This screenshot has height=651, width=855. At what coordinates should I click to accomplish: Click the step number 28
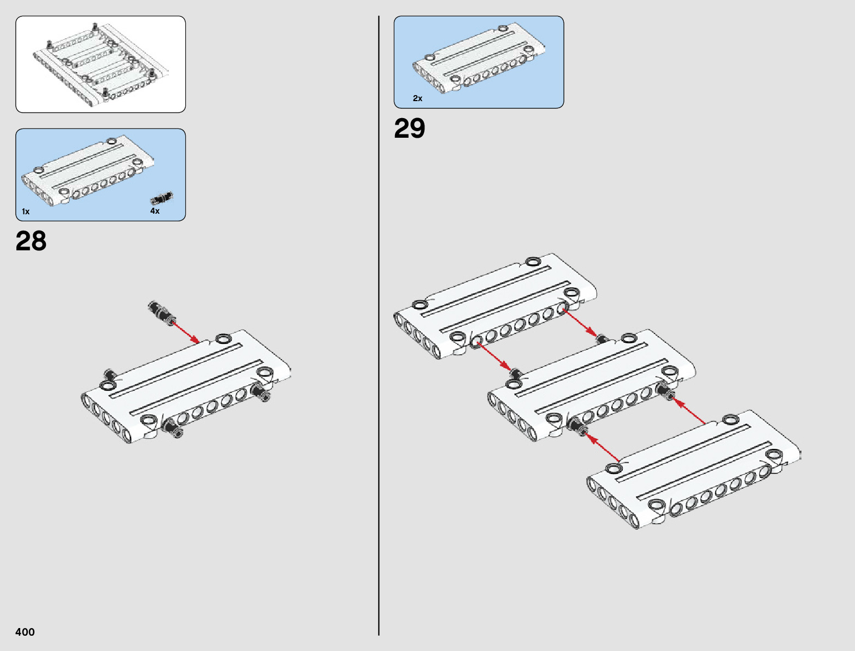point(31,241)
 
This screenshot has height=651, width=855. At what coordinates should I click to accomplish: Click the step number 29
point(409,129)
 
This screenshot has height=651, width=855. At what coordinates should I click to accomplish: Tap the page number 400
point(25,632)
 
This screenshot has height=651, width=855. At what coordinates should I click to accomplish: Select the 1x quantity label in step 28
point(26,212)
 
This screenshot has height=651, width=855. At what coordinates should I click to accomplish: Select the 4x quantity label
point(155,211)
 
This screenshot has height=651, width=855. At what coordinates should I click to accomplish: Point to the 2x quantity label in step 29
point(417,98)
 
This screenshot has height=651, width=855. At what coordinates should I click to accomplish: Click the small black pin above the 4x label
point(162,197)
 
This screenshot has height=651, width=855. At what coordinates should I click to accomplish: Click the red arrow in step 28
point(186,333)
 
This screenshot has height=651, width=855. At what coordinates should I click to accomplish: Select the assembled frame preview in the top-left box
point(101,64)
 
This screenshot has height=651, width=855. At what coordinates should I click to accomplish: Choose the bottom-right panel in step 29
point(694,470)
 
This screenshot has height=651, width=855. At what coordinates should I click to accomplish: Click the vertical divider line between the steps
point(379,328)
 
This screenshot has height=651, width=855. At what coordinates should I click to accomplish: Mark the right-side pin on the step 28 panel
point(261,393)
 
